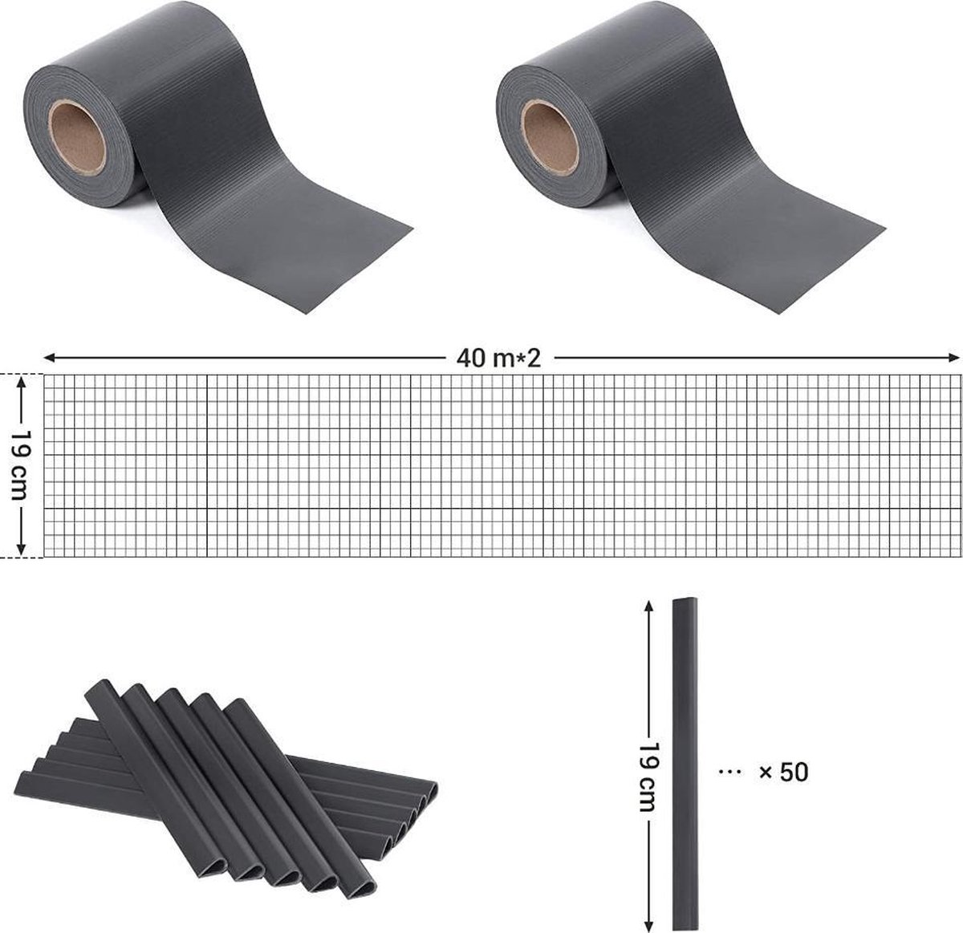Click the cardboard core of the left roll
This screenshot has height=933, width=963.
77,137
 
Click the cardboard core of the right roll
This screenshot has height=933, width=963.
549,137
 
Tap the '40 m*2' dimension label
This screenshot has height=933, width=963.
499,358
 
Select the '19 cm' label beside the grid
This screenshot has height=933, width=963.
22,464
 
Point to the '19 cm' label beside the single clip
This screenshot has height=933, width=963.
648,777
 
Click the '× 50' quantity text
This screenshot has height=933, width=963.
784,772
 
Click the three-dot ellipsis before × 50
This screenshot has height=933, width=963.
730,771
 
